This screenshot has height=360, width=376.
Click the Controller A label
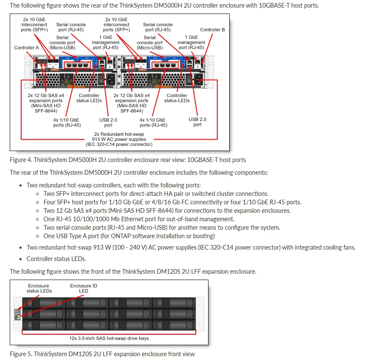click(26, 48)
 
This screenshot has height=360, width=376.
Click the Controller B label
click(212, 30)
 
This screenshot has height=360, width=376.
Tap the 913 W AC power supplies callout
click(119, 139)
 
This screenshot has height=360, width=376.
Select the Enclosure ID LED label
click(83, 288)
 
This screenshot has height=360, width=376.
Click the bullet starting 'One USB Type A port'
click(129, 236)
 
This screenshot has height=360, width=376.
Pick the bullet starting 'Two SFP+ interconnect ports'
click(156, 194)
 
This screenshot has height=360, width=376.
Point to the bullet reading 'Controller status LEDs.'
click(56, 258)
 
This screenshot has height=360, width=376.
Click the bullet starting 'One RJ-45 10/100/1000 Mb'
click(139, 219)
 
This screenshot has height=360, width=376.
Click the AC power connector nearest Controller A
click(111, 79)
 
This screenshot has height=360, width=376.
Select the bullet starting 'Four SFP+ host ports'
click(172, 202)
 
